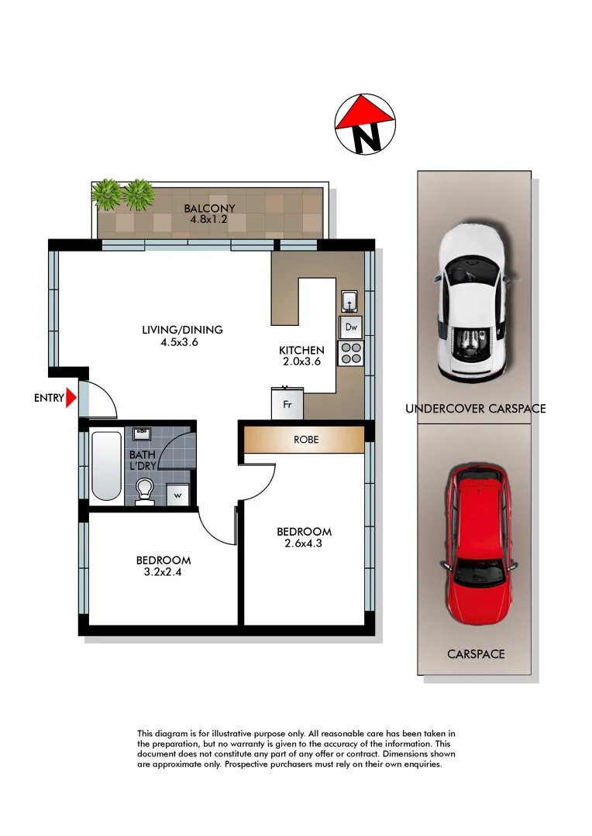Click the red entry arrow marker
pos(71,399)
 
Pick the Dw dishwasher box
pos(350,327)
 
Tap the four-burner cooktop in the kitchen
pos(350,353)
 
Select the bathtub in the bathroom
pos(106,465)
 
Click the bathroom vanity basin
pos(142,434)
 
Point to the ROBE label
pos(305,440)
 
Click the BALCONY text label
pos(209,208)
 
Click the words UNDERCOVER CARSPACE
pos(475,409)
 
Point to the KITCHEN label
pos(301,351)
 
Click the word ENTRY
pos(48,399)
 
